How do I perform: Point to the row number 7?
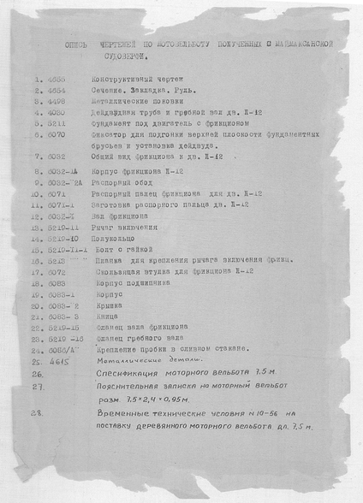[x=39, y=158]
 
